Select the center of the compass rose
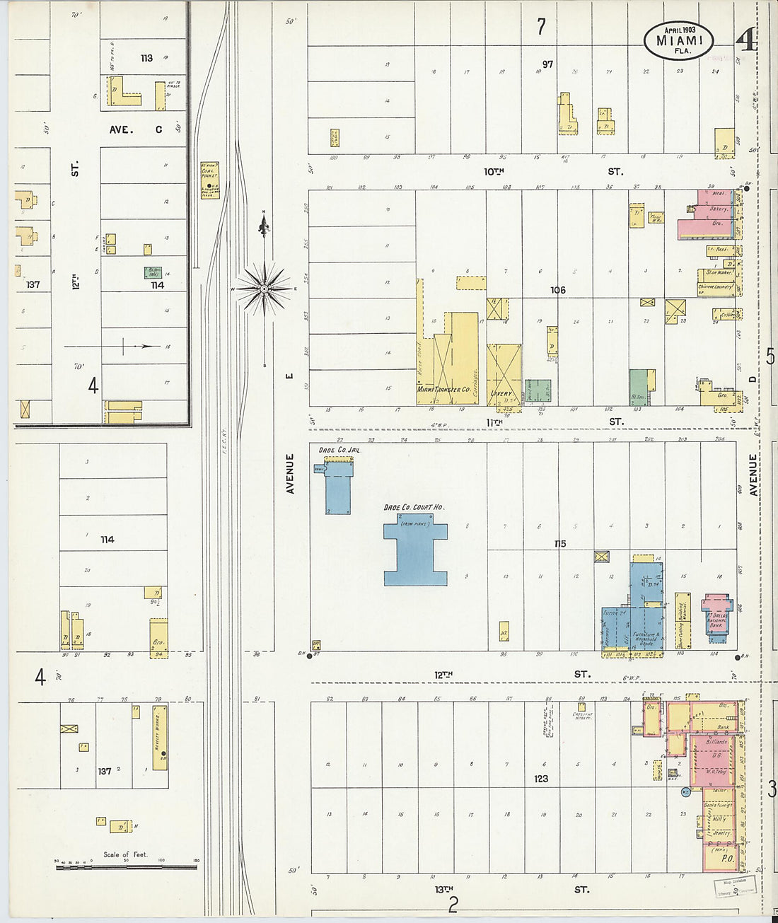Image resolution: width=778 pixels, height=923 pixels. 264,289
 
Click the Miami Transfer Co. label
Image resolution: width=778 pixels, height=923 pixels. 443,390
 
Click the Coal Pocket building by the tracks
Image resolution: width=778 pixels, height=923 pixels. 210,180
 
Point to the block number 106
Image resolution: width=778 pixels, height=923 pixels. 558,290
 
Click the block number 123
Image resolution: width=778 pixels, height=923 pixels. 541,778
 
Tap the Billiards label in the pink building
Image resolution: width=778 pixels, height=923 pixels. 716,743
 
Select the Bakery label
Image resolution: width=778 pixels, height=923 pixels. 719,209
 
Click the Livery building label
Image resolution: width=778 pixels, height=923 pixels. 501,394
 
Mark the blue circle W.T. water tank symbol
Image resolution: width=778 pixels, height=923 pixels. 685,793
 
